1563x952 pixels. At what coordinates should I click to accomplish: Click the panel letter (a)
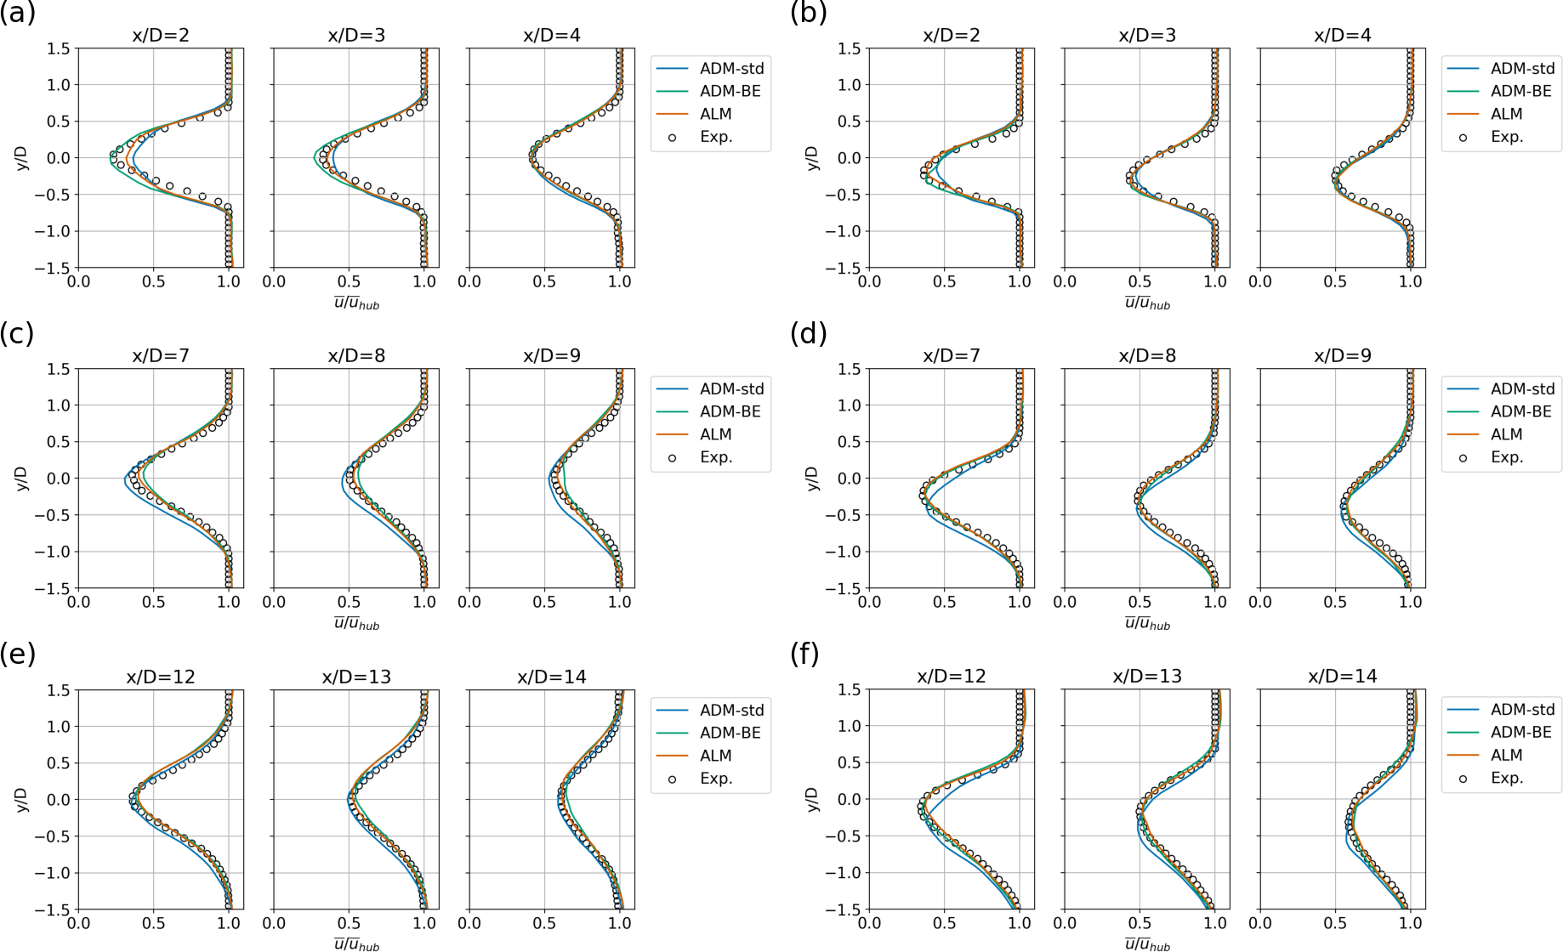pos(17,14)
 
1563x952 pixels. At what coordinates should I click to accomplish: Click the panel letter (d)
pos(808,334)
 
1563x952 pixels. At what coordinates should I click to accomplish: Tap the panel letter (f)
pos(805,654)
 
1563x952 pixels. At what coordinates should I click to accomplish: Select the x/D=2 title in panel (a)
pos(161,35)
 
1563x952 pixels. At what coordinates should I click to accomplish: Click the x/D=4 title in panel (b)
pos(1342,35)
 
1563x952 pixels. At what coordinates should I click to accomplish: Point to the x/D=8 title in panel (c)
pos(356,355)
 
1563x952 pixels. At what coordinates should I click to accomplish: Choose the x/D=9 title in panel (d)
pos(1342,355)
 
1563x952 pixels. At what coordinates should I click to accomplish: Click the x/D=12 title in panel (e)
pos(161,677)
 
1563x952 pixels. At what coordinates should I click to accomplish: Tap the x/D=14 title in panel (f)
pos(1342,676)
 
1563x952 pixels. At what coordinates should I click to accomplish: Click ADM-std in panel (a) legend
pos(731,68)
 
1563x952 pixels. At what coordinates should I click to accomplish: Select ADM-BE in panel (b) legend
pos(1520,91)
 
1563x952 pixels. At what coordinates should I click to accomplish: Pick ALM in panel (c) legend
pos(715,434)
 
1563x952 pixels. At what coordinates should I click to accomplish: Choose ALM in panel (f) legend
pos(1506,755)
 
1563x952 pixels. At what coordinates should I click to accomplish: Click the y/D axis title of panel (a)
pos(22,158)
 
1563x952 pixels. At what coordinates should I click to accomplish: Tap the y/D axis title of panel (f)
pos(813,799)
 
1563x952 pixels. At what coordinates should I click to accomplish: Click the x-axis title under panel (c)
pos(356,624)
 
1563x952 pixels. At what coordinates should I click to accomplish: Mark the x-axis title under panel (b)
pos(1147,303)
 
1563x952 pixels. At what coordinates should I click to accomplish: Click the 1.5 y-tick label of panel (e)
pos(59,690)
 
